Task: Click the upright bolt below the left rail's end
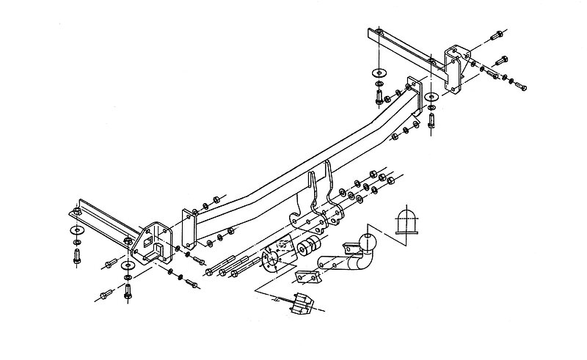(x=77, y=256)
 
